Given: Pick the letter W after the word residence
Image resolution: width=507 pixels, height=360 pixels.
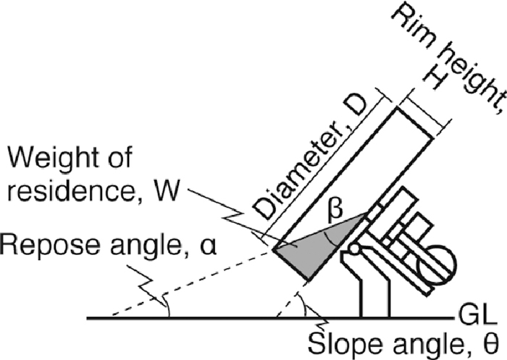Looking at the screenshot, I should [173, 193].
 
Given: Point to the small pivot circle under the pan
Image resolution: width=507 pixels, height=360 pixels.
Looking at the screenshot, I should [354, 251].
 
